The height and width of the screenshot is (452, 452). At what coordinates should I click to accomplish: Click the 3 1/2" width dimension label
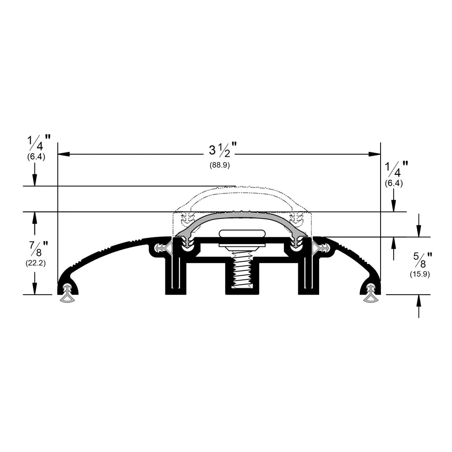[222, 150]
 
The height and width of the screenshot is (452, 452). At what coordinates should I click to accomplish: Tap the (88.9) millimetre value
[220, 165]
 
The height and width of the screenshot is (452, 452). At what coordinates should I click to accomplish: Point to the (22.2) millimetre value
[36, 263]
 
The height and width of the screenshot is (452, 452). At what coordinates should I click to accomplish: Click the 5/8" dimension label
[423, 259]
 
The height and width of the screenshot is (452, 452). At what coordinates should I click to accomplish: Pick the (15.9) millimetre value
[420, 274]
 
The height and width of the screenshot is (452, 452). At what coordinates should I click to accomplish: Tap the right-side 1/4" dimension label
[397, 169]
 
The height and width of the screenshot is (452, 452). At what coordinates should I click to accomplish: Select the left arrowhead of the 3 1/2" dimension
[64, 154]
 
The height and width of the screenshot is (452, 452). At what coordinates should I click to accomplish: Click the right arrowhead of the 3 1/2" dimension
[374, 154]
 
